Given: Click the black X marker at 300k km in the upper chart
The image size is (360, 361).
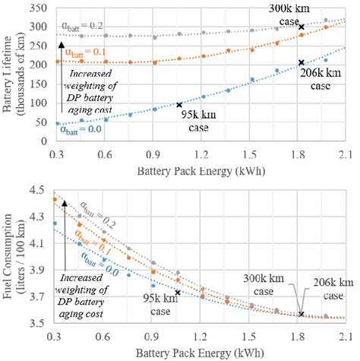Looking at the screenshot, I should (x=302, y=26).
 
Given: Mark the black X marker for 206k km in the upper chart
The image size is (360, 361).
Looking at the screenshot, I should (x=302, y=63).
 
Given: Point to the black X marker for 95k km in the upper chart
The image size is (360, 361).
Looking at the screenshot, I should (x=179, y=104).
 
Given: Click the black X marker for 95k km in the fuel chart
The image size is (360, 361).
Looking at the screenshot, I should (x=178, y=292).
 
